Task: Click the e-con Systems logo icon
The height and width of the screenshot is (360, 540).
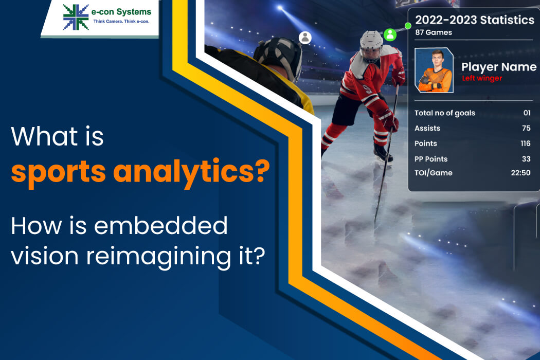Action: coord(76,16)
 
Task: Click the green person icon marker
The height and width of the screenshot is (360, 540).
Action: coord(390,34)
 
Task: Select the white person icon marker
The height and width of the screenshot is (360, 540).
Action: coord(305,37)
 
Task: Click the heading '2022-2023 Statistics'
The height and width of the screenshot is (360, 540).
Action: coord(474,21)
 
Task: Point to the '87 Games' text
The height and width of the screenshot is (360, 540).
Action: coord(433,33)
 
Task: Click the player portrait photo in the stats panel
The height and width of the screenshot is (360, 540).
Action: coord(434,70)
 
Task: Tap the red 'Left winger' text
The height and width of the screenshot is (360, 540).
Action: coord(481,78)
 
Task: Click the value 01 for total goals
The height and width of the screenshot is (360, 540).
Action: coord(526,113)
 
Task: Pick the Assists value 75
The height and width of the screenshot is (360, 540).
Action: coord(526,129)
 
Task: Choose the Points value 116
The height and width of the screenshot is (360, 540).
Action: coord(525,143)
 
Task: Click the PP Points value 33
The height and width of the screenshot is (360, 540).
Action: coord(526,159)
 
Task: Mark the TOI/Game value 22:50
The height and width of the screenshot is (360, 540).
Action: coord(520,173)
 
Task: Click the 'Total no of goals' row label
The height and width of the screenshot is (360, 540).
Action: coord(444,113)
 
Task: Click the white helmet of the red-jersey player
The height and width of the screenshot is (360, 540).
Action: coord(371,45)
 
